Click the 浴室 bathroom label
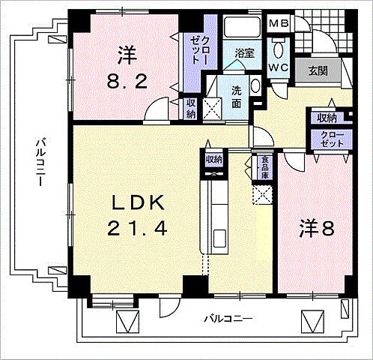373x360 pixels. [x=243, y=54]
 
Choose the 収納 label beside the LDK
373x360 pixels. [x=214, y=159]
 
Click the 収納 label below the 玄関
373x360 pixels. [x=327, y=118]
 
